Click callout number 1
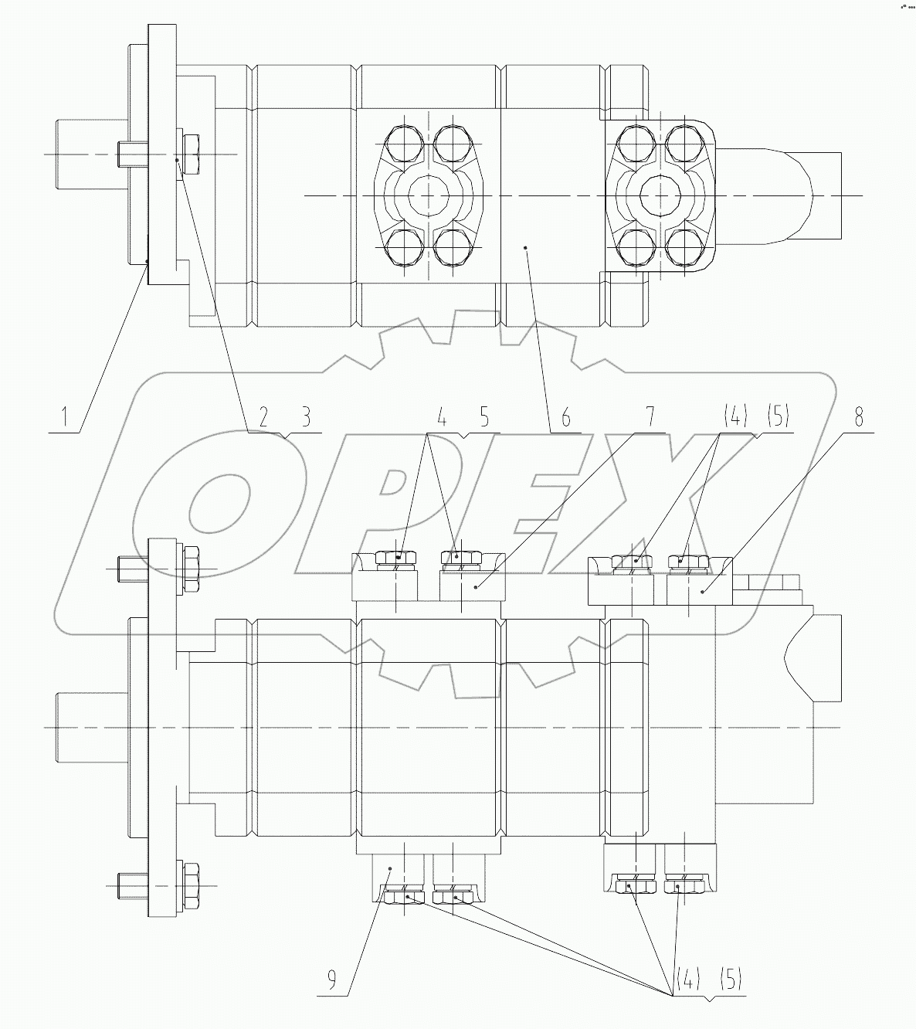click(x=66, y=419)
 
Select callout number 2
click(x=263, y=419)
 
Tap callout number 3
click(x=306, y=419)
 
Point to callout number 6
click(x=565, y=419)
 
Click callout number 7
click(x=650, y=417)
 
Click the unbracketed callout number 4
click(x=442, y=419)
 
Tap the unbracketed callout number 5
click(x=484, y=419)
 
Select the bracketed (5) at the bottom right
click(x=731, y=980)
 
